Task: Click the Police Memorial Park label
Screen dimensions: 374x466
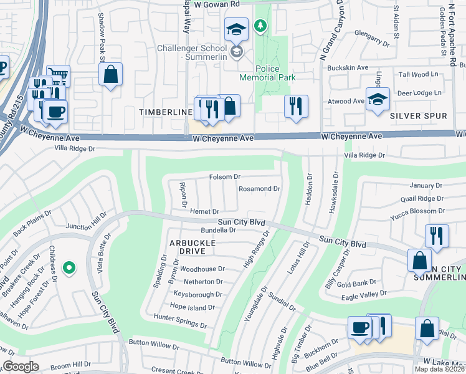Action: (267, 73)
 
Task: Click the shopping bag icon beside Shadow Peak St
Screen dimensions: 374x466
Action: (110, 74)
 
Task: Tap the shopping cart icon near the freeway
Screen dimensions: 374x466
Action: (58, 75)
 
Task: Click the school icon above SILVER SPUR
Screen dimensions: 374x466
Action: (377, 100)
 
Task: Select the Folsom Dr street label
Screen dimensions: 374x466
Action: (224, 177)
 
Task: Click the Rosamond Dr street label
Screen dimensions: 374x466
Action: (260, 188)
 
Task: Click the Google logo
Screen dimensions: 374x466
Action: (21, 367)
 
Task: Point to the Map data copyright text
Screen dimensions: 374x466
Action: (440, 369)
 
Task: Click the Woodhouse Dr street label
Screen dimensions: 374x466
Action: (202, 269)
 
